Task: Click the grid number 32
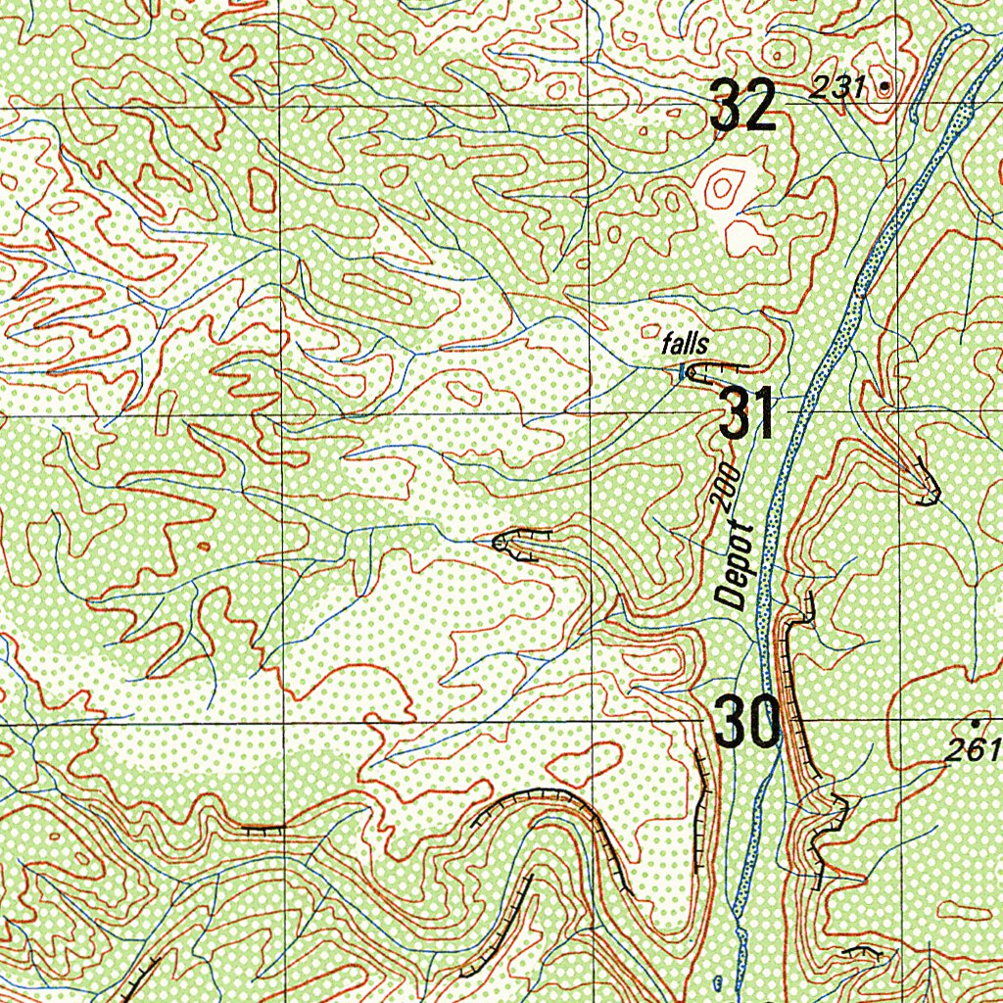pos(743,106)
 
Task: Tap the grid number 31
pos(747,413)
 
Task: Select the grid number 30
pos(745,722)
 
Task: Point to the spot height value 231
pos(838,88)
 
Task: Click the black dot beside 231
pos(885,87)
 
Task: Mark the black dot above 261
pos(974,724)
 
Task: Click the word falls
pos(684,344)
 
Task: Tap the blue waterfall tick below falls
pos(682,370)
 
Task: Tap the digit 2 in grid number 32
pos(761,106)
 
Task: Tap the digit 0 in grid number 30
pos(762,722)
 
